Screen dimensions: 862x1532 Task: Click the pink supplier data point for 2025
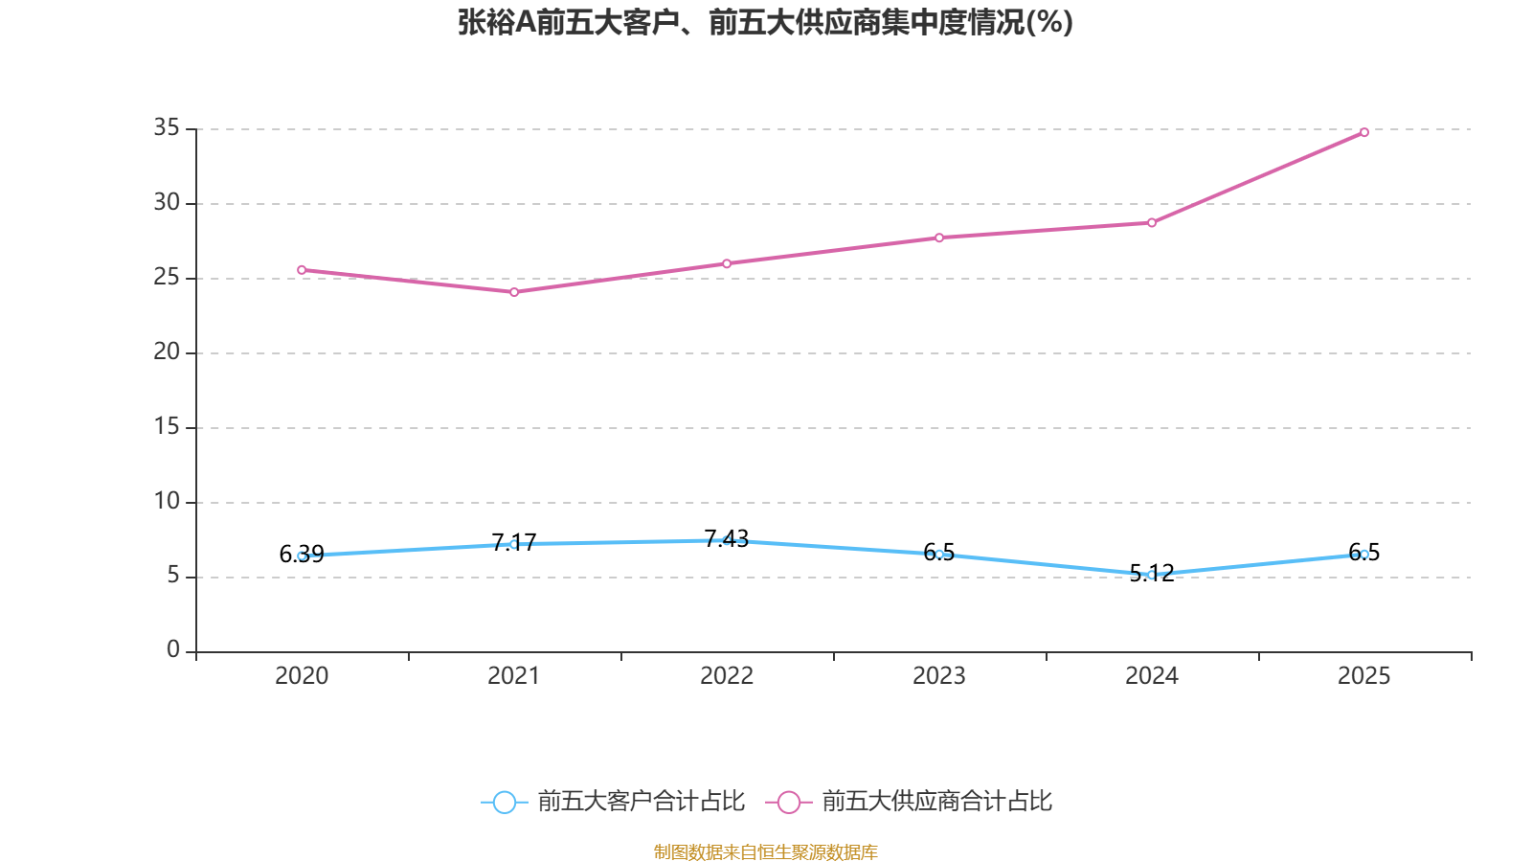click(x=1363, y=132)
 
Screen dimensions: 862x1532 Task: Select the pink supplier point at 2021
click(x=514, y=292)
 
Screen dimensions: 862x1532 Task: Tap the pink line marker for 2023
click(x=939, y=238)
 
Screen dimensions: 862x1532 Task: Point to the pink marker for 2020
click(x=302, y=270)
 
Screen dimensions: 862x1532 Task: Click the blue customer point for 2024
click(x=1151, y=575)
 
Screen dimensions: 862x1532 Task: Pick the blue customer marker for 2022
click(x=727, y=540)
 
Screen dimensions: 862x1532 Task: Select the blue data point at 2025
click(x=1363, y=554)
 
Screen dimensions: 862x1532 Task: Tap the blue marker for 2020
click(x=302, y=556)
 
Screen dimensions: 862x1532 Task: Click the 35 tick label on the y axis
click(x=167, y=127)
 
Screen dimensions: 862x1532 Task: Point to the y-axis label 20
click(x=167, y=352)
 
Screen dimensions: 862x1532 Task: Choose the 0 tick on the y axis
click(x=173, y=650)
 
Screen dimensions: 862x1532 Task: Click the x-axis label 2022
click(x=727, y=676)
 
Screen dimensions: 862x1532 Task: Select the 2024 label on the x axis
click(x=1151, y=676)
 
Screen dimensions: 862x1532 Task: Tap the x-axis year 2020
click(x=302, y=676)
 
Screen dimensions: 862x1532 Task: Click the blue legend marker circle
click(x=504, y=802)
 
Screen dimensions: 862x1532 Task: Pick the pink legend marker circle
click(x=788, y=802)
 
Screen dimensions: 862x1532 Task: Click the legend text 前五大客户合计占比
click(x=641, y=802)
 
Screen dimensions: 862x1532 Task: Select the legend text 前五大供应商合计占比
click(x=936, y=802)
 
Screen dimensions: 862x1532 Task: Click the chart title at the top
click(x=765, y=22)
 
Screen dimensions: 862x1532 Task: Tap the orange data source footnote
click(x=765, y=851)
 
